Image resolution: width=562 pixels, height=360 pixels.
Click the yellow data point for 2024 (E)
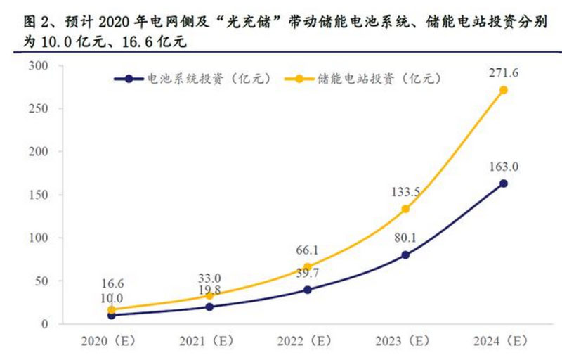pyautogui.click(x=503, y=90)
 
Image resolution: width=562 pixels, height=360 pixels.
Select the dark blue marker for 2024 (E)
pyautogui.click(x=503, y=184)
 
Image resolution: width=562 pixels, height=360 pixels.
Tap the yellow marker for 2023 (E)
pyautogui.click(x=405, y=209)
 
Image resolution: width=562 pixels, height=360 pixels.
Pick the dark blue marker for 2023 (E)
pyautogui.click(x=405, y=255)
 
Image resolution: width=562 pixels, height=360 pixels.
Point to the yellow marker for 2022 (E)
pyautogui.click(x=308, y=267)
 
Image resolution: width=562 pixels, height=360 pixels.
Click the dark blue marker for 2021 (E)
pyautogui.click(x=210, y=307)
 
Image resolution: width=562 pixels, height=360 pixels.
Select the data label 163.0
pyautogui.click(x=503, y=167)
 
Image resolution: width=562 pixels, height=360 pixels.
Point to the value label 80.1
pyautogui.click(x=405, y=238)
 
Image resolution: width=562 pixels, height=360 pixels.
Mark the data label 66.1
pyautogui.click(x=308, y=250)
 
